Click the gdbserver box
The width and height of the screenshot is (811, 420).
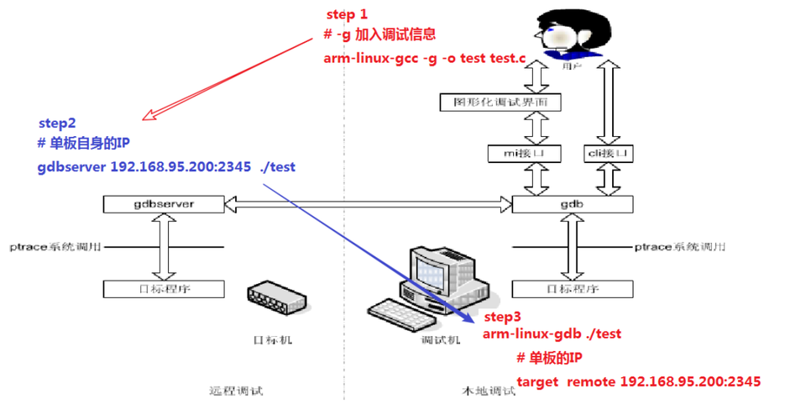[x=164, y=204]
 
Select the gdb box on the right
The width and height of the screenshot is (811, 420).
[x=572, y=204]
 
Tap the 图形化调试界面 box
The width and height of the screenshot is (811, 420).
[x=500, y=102]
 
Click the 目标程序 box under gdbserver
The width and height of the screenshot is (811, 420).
[x=164, y=289]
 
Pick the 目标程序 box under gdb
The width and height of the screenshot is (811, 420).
[x=572, y=289]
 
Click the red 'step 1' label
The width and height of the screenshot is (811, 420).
[x=346, y=15]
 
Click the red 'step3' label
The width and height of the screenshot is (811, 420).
[x=502, y=317]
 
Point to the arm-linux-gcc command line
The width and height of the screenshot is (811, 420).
[x=425, y=58]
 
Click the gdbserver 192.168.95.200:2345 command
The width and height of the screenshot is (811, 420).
[x=166, y=167]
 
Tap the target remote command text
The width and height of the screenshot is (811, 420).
[x=638, y=381]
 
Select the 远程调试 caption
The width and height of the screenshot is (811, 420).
[x=236, y=391]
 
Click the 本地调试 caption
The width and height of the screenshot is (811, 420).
[x=489, y=391]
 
